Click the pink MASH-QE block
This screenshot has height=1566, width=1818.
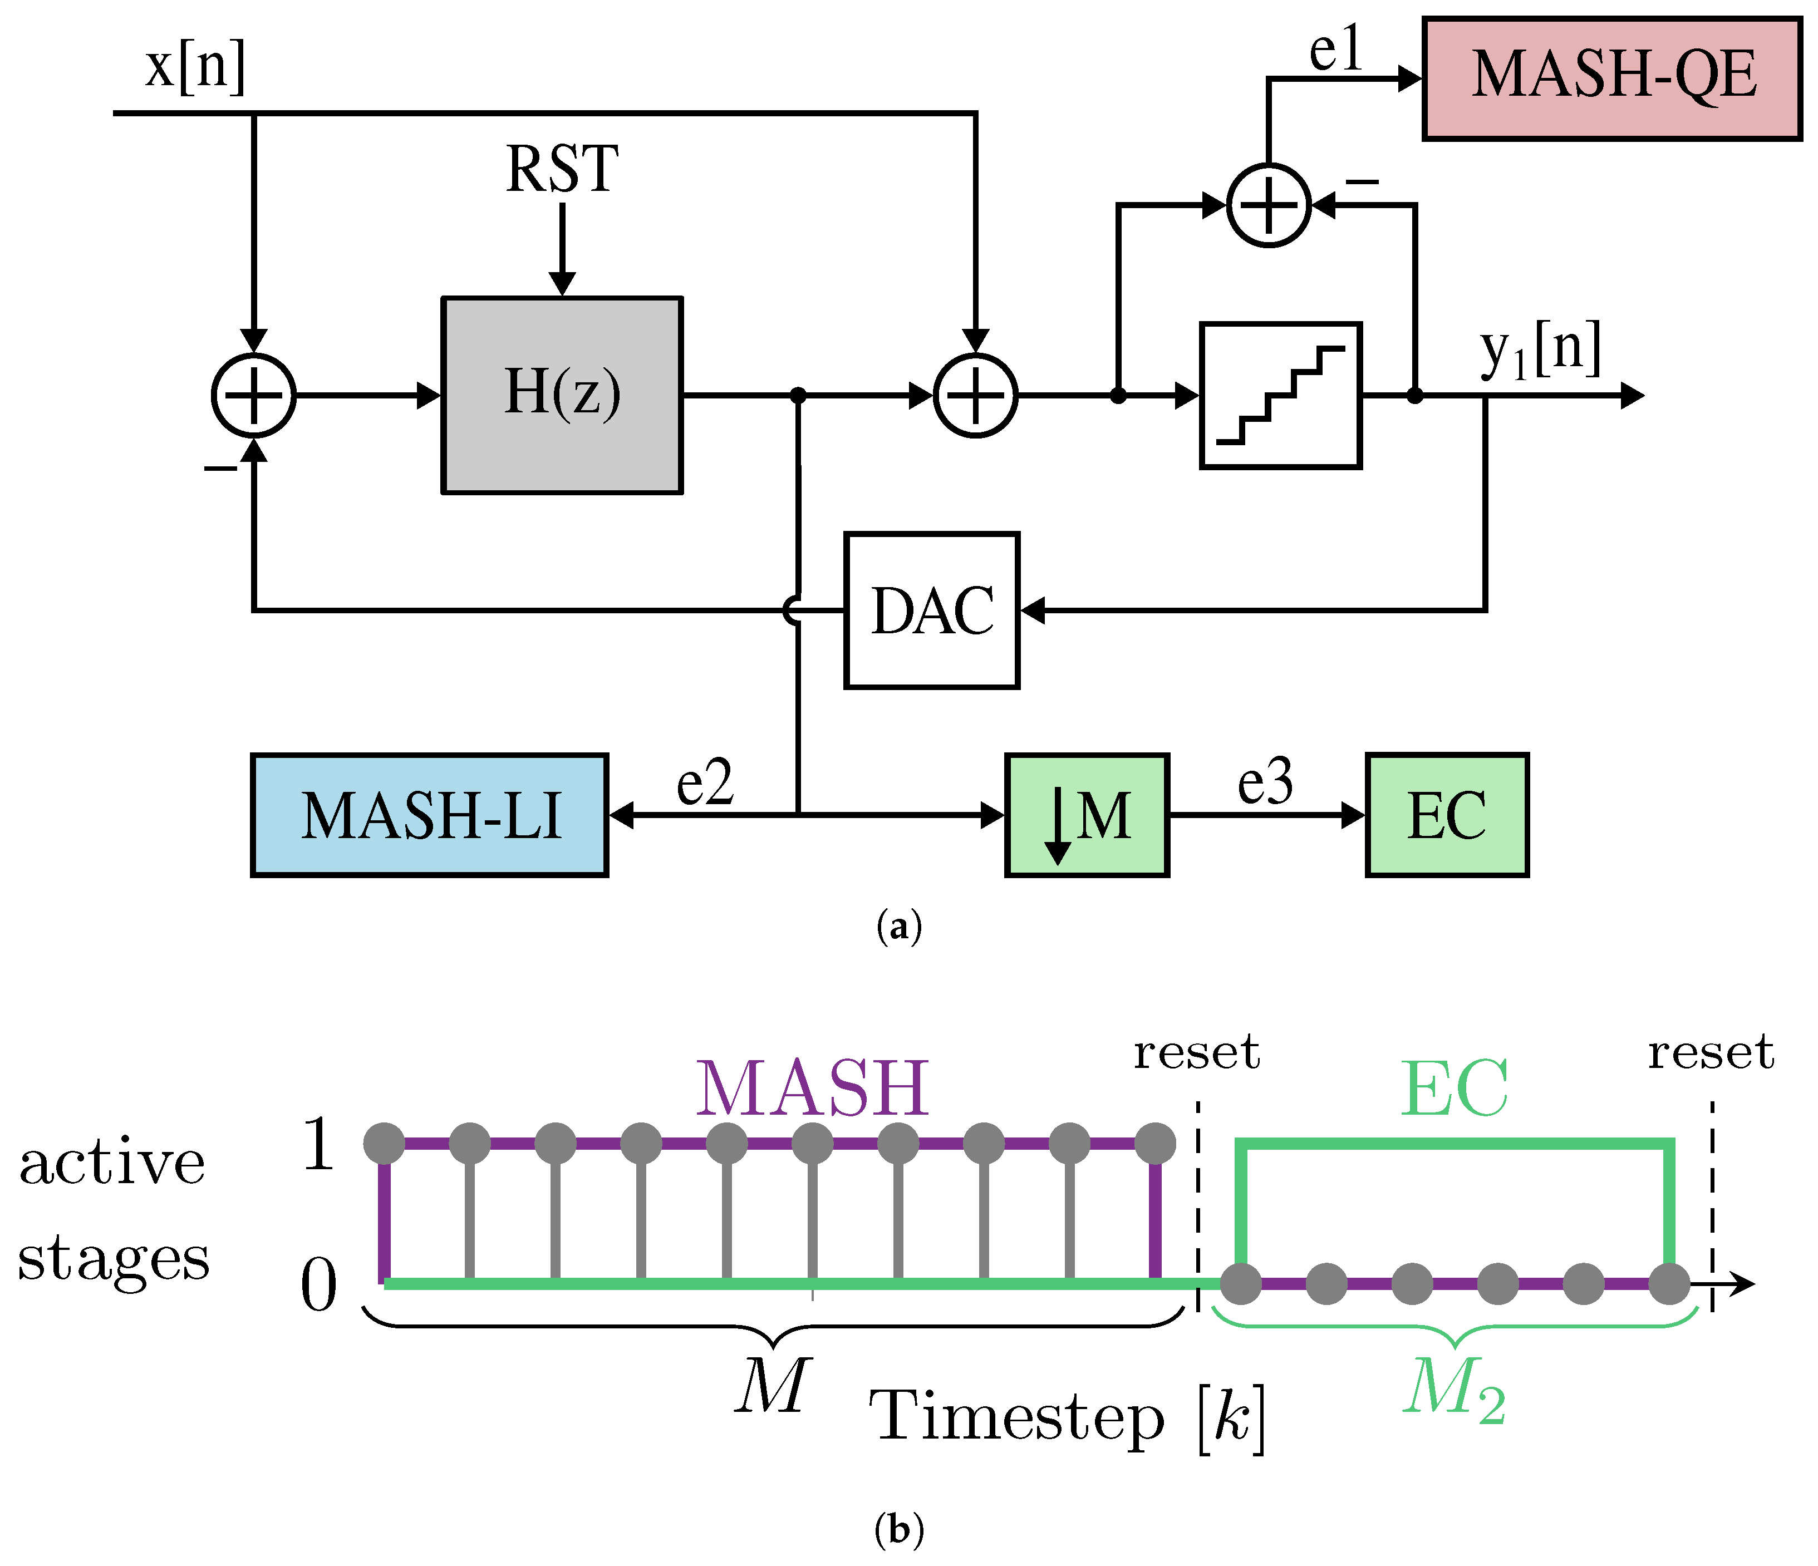pyautogui.click(x=1612, y=78)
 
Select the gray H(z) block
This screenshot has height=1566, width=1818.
pyautogui.click(x=562, y=395)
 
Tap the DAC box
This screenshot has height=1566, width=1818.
pyautogui.click(x=932, y=610)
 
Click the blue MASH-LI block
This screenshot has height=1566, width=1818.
pyautogui.click(x=430, y=815)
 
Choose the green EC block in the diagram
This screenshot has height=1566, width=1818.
pyautogui.click(x=1447, y=815)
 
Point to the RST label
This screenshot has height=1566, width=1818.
pyautogui.click(x=562, y=169)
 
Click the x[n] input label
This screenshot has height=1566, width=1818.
pyautogui.click(x=195, y=67)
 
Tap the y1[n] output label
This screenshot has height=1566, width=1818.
pyautogui.click(x=1541, y=350)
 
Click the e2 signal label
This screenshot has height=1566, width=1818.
pyautogui.click(x=705, y=782)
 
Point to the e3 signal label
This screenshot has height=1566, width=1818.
pyautogui.click(x=1265, y=782)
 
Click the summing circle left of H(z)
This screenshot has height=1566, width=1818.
pyautogui.click(x=254, y=396)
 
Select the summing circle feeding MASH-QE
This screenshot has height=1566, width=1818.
pyautogui.click(x=1269, y=205)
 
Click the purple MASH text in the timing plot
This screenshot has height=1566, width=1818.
pyautogui.click(x=813, y=1088)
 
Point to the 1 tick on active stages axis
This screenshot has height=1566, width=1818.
pyautogui.click(x=318, y=1143)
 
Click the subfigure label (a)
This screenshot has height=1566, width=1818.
pyautogui.click(x=900, y=927)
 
